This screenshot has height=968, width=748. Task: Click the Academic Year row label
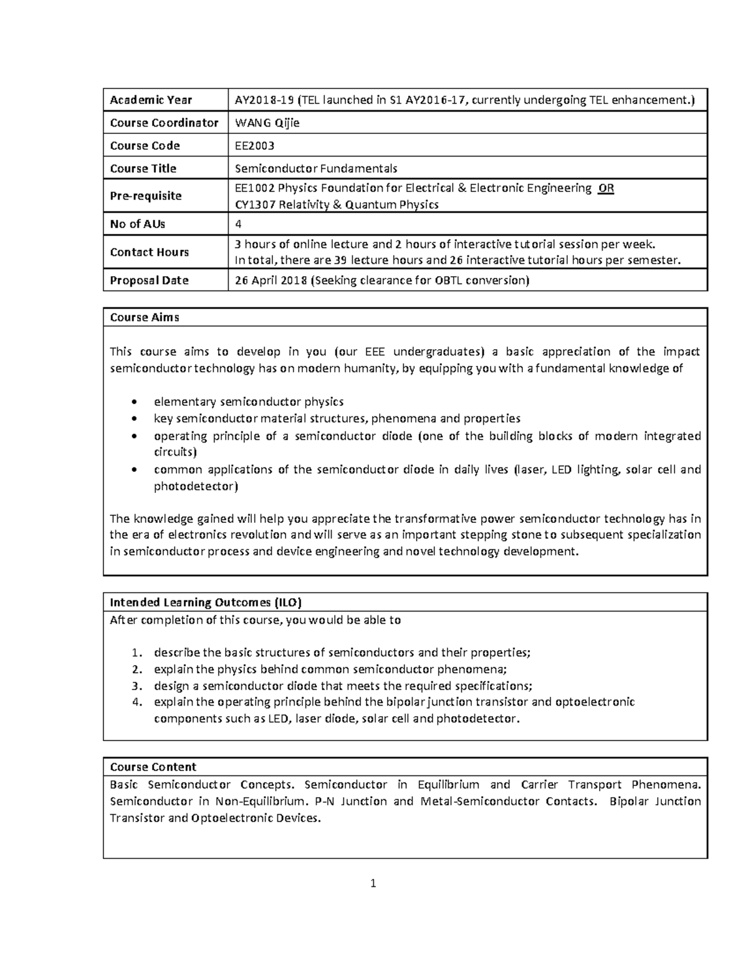[x=151, y=100]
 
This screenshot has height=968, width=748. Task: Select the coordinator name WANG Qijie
[x=267, y=123]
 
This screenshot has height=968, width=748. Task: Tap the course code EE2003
[x=254, y=146]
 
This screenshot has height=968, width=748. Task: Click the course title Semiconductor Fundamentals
[x=315, y=168]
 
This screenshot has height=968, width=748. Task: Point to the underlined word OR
[x=605, y=188]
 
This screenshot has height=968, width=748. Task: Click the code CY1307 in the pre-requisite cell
[x=254, y=204]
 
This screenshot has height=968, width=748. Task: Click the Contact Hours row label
[x=149, y=252]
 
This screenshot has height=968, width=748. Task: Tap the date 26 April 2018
[x=271, y=280]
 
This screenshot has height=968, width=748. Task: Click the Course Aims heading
[x=145, y=317]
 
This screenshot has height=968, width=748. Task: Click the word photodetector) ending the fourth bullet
[x=196, y=486]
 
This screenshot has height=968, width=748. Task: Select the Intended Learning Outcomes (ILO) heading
[x=206, y=602]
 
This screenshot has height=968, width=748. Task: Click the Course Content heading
[x=153, y=767]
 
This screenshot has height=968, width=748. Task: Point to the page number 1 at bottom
[x=373, y=883]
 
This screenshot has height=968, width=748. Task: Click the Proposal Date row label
[x=149, y=280]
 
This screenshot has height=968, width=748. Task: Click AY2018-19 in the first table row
[x=264, y=100]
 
